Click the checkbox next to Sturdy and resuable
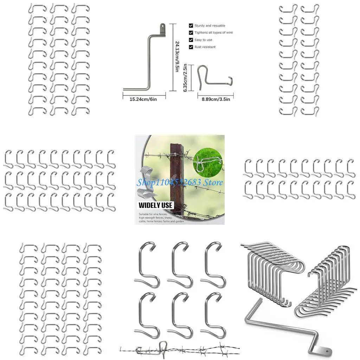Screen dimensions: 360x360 coord(191,26)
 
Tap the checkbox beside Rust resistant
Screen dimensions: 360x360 coord(191,47)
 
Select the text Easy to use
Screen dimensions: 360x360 coord(204,40)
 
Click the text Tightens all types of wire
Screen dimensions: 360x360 coord(213,33)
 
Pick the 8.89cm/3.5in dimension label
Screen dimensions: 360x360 coord(216,99)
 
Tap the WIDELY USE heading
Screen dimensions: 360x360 coord(155,205)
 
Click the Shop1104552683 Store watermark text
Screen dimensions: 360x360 coord(179,182)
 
